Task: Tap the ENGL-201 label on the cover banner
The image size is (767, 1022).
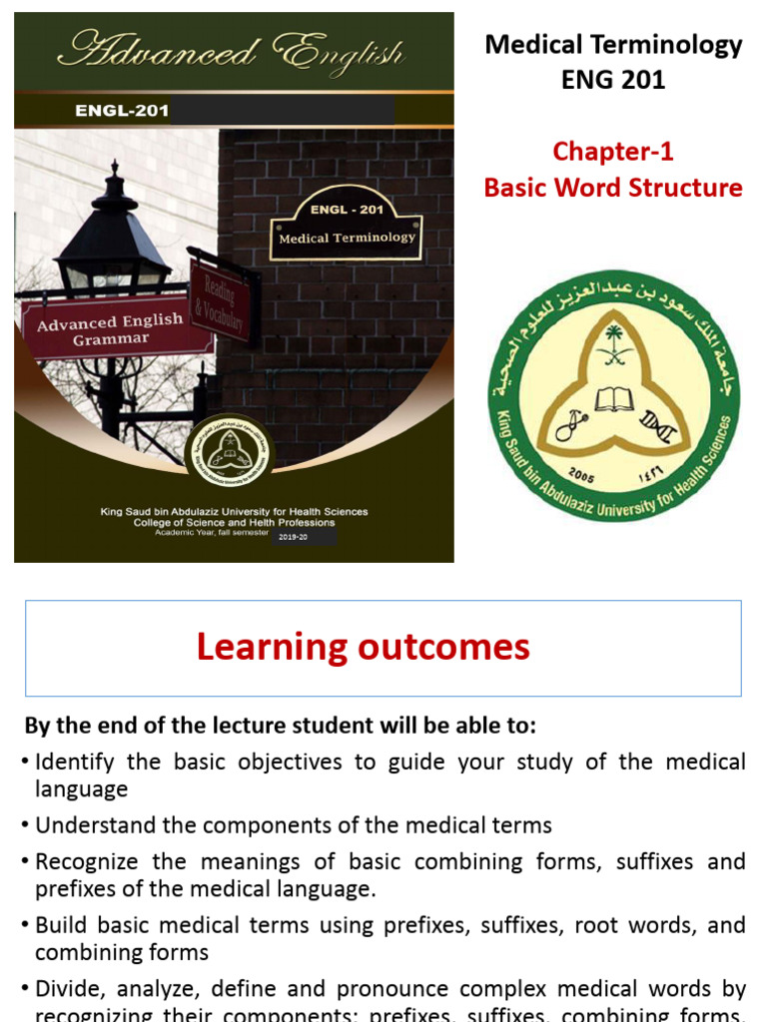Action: (x=121, y=111)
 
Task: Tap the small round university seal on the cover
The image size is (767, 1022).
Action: (x=229, y=452)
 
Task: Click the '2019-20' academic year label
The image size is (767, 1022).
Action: (x=293, y=537)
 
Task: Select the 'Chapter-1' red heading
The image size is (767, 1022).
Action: (x=613, y=152)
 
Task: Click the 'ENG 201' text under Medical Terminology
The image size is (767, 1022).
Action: (x=613, y=79)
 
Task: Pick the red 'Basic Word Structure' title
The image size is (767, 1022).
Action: (x=613, y=188)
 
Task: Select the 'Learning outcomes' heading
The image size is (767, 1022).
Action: (x=363, y=648)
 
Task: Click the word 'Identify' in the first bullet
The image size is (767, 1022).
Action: (x=74, y=763)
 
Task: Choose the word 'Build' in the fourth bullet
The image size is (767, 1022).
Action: (x=58, y=925)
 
